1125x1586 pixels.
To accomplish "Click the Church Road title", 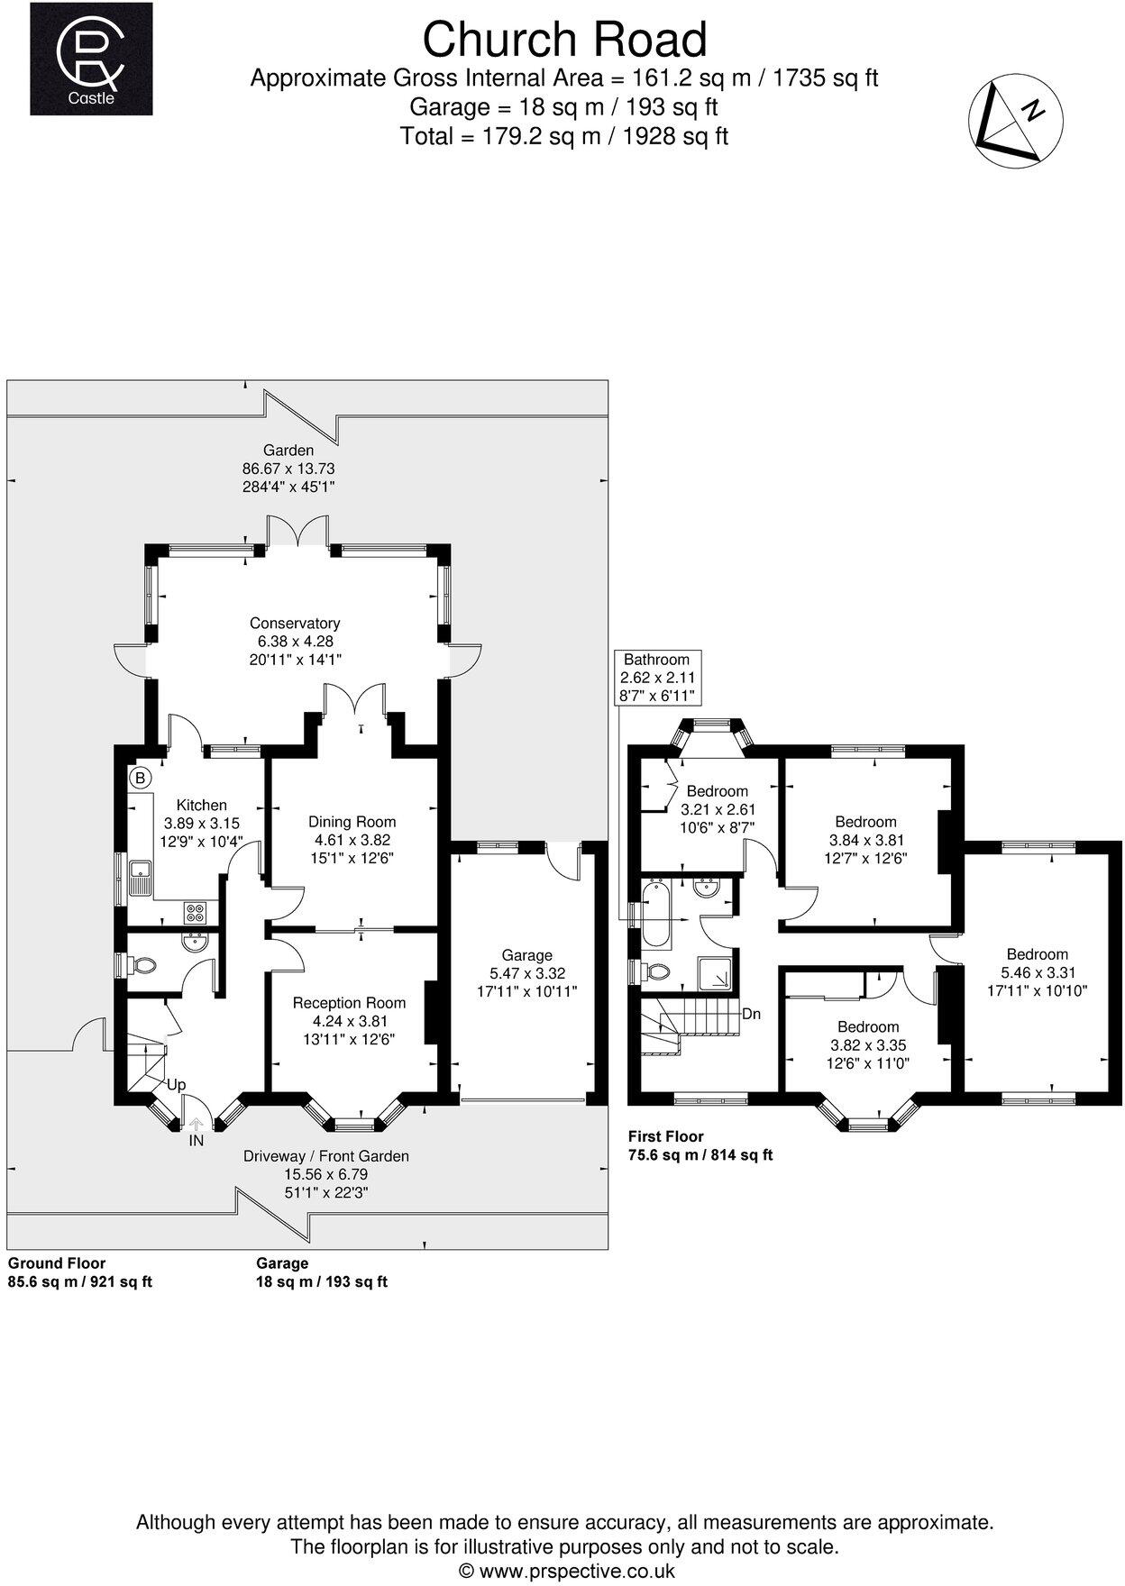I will pyautogui.click(x=564, y=40).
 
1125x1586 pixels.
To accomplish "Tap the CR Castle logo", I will pyautogui.click(x=91, y=59).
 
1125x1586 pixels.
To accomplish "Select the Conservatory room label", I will pyautogui.click(x=295, y=624).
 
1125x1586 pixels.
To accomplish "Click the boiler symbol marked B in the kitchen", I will pyautogui.click(x=140, y=777).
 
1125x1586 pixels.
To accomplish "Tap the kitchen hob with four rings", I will pyautogui.click(x=195, y=913).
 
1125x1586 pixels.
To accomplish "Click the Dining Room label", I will pyautogui.click(x=352, y=822).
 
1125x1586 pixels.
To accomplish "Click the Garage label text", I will pyautogui.click(x=527, y=955).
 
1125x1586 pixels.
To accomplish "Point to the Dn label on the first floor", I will pyautogui.click(x=751, y=1014).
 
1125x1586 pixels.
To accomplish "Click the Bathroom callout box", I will pyautogui.click(x=657, y=678).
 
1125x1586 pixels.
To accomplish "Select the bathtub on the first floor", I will pyautogui.click(x=655, y=915).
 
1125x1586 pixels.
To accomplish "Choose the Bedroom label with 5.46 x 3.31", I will pyautogui.click(x=1037, y=954).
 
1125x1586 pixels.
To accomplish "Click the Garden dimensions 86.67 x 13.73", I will pyautogui.click(x=288, y=469).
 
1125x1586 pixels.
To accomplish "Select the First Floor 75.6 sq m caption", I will pyautogui.click(x=700, y=1145).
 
